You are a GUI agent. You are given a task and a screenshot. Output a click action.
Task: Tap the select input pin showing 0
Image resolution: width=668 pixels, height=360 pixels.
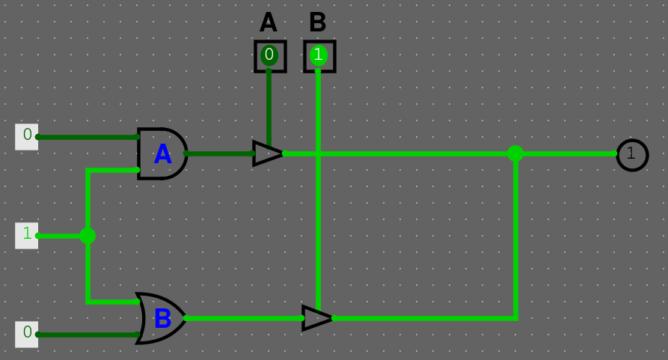click(x=269, y=55)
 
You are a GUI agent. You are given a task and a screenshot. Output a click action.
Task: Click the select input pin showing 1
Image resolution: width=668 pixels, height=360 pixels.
click(x=319, y=55)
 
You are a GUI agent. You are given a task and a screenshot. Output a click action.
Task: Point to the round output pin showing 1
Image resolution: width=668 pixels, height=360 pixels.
click(x=632, y=154)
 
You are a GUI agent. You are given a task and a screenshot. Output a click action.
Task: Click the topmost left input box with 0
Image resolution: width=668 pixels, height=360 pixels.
click(x=27, y=136)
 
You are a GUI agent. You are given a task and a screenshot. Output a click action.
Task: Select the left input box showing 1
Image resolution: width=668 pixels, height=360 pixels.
click(x=27, y=235)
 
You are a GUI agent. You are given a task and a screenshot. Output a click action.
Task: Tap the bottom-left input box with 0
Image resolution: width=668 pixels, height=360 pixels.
click(x=27, y=334)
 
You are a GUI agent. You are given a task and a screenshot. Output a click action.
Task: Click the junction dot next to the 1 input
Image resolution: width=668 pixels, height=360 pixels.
click(x=88, y=236)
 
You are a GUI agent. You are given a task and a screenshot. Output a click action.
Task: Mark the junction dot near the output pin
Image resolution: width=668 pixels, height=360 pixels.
click(x=515, y=153)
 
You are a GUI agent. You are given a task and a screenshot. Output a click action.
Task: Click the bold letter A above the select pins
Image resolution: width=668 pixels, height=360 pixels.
click(x=269, y=22)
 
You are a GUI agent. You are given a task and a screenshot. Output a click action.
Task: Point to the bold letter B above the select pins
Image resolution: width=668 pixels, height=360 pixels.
click(x=317, y=22)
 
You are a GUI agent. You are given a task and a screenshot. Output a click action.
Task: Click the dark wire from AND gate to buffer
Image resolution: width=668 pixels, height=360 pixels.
click(x=221, y=153)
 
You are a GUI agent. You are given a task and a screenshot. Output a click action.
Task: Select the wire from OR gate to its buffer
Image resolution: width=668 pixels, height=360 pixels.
click(x=243, y=318)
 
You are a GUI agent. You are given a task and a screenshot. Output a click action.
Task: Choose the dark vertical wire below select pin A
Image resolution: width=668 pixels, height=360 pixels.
click(x=269, y=105)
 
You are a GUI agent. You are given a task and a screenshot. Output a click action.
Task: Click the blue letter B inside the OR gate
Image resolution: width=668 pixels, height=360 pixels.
click(x=162, y=319)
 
